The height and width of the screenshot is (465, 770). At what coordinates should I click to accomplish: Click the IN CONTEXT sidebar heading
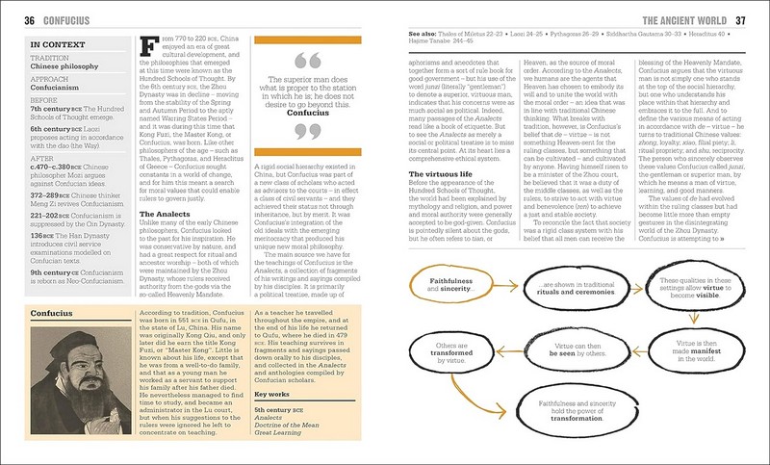pyautogui.click(x=55, y=44)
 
